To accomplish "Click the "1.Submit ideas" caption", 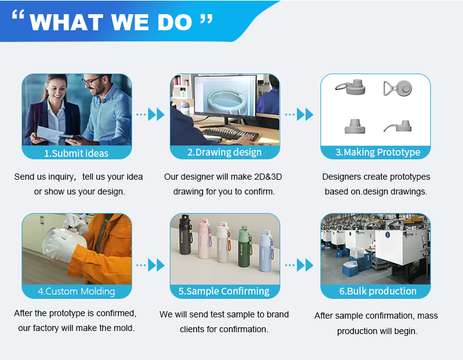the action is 76,153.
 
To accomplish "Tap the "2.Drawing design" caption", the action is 225,152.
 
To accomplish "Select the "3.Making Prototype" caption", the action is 378,152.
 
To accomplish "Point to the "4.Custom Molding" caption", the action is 76,291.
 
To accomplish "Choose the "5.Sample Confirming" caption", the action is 224,291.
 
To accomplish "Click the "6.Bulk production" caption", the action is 378,291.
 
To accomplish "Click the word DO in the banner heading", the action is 175,22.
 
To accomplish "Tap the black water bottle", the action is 185,234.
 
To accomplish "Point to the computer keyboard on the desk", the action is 231,134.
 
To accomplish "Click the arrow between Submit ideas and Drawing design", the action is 150,114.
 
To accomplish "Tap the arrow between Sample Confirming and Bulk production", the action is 299,265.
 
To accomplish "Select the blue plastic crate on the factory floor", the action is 351,269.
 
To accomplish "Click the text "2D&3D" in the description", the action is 268,177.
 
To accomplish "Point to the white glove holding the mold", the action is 60,245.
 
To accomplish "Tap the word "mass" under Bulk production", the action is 428,316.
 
